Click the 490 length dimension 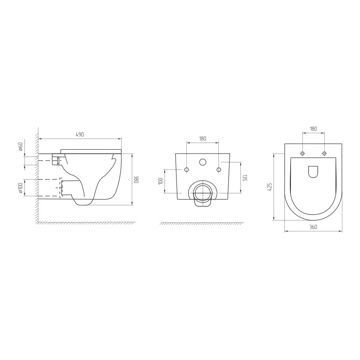coord(80,135)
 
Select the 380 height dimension coord(136,179)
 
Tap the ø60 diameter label coord(21,147)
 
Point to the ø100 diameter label coord(21,188)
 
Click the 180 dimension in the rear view coord(202,139)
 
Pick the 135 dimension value coord(245,178)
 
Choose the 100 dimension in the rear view coord(161,181)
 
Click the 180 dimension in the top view coord(314,129)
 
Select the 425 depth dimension coord(270,187)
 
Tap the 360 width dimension coord(313,227)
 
